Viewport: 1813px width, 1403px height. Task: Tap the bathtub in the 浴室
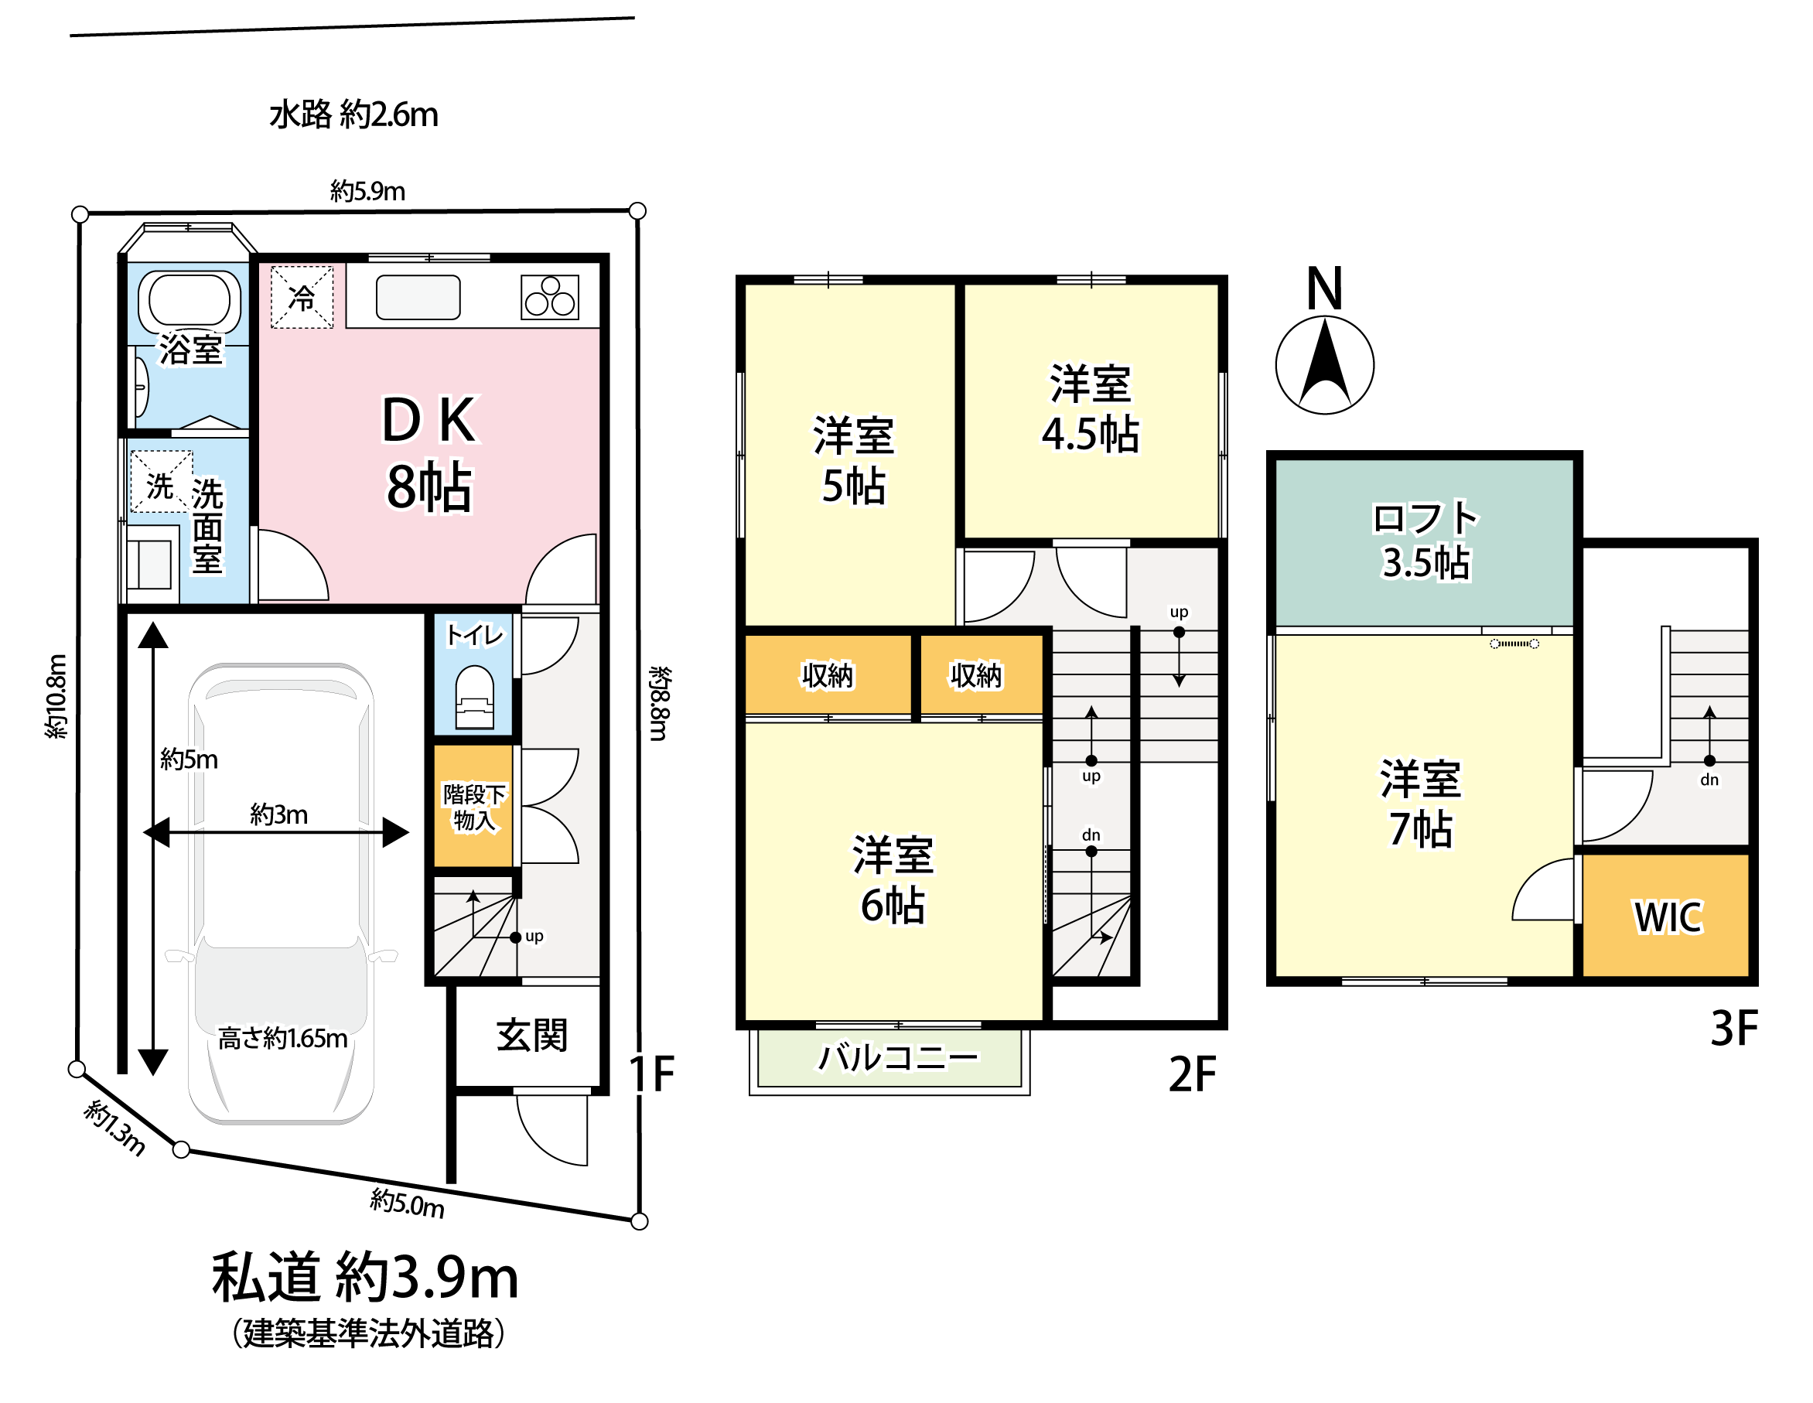(x=189, y=302)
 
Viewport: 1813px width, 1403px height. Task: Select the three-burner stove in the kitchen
(x=549, y=297)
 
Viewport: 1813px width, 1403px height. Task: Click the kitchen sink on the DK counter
(x=418, y=297)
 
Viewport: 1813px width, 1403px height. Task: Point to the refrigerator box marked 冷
(x=302, y=296)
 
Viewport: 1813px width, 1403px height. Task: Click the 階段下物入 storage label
(x=474, y=807)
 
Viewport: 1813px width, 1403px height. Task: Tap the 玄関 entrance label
(x=532, y=1035)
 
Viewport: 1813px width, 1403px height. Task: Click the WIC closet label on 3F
(x=1668, y=917)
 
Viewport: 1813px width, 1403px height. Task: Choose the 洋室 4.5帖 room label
(x=1091, y=408)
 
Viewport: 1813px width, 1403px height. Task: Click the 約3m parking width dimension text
(x=279, y=814)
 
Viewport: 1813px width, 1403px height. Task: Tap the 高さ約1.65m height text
(x=283, y=1038)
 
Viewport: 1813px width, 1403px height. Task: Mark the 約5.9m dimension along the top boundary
(x=367, y=191)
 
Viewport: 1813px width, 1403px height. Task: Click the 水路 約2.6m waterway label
(x=353, y=114)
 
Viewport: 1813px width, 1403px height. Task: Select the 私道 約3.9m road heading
(x=365, y=1277)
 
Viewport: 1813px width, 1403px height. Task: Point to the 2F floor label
(x=1192, y=1074)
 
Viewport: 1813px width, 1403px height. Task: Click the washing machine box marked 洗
(x=161, y=482)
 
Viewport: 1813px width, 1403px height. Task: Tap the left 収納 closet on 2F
(x=828, y=675)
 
